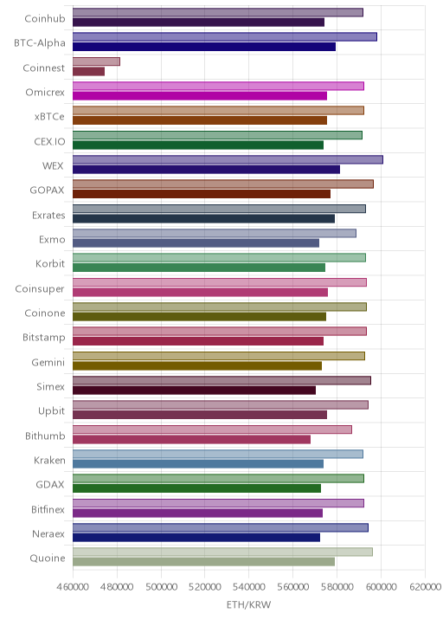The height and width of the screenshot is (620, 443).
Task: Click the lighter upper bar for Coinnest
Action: (x=96, y=61)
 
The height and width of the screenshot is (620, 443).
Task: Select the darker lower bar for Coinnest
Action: (x=88, y=72)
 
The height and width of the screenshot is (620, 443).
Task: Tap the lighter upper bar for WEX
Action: (x=228, y=159)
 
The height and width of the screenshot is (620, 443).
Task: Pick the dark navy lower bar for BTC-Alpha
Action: (x=204, y=47)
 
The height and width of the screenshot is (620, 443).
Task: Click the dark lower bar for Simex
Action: (x=194, y=391)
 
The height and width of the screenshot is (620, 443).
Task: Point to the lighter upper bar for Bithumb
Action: (x=212, y=429)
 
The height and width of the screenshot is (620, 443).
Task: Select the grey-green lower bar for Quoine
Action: (x=203, y=562)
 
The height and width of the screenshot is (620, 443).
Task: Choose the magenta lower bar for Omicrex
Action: (x=200, y=96)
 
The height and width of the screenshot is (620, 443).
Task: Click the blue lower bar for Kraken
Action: (x=198, y=464)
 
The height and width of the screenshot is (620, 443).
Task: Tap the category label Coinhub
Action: (x=45, y=18)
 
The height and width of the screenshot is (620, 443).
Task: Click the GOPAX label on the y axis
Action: (x=47, y=191)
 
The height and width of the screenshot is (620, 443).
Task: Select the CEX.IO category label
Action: (x=49, y=141)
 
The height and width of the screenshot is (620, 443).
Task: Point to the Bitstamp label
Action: (x=43, y=338)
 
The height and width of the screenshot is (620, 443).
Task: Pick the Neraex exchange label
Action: (x=48, y=533)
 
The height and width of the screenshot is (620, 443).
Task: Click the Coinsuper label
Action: (x=40, y=289)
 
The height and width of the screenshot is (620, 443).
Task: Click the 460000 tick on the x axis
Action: (x=73, y=586)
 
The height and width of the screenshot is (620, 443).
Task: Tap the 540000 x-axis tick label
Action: (x=249, y=586)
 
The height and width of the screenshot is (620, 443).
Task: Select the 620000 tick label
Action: (x=425, y=586)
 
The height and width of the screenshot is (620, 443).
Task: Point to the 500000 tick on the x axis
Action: (x=161, y=586)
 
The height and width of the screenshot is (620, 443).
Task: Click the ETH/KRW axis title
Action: (x=248, y=604)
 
